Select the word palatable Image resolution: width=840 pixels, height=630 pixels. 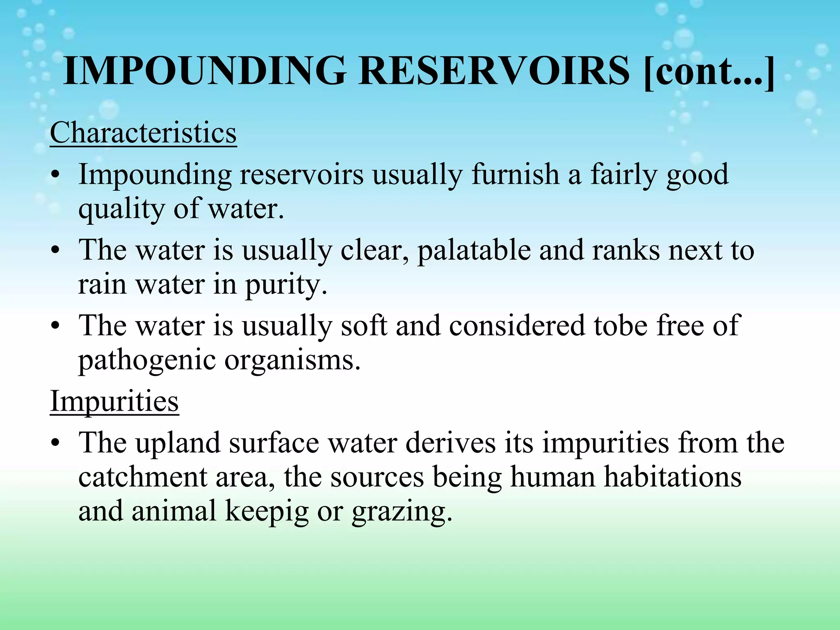coord(474,250)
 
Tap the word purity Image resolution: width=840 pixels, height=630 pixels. coord(286,285)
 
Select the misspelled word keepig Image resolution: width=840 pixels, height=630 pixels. coord(267,512)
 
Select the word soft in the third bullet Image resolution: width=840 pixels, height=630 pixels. coord(364,325)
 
